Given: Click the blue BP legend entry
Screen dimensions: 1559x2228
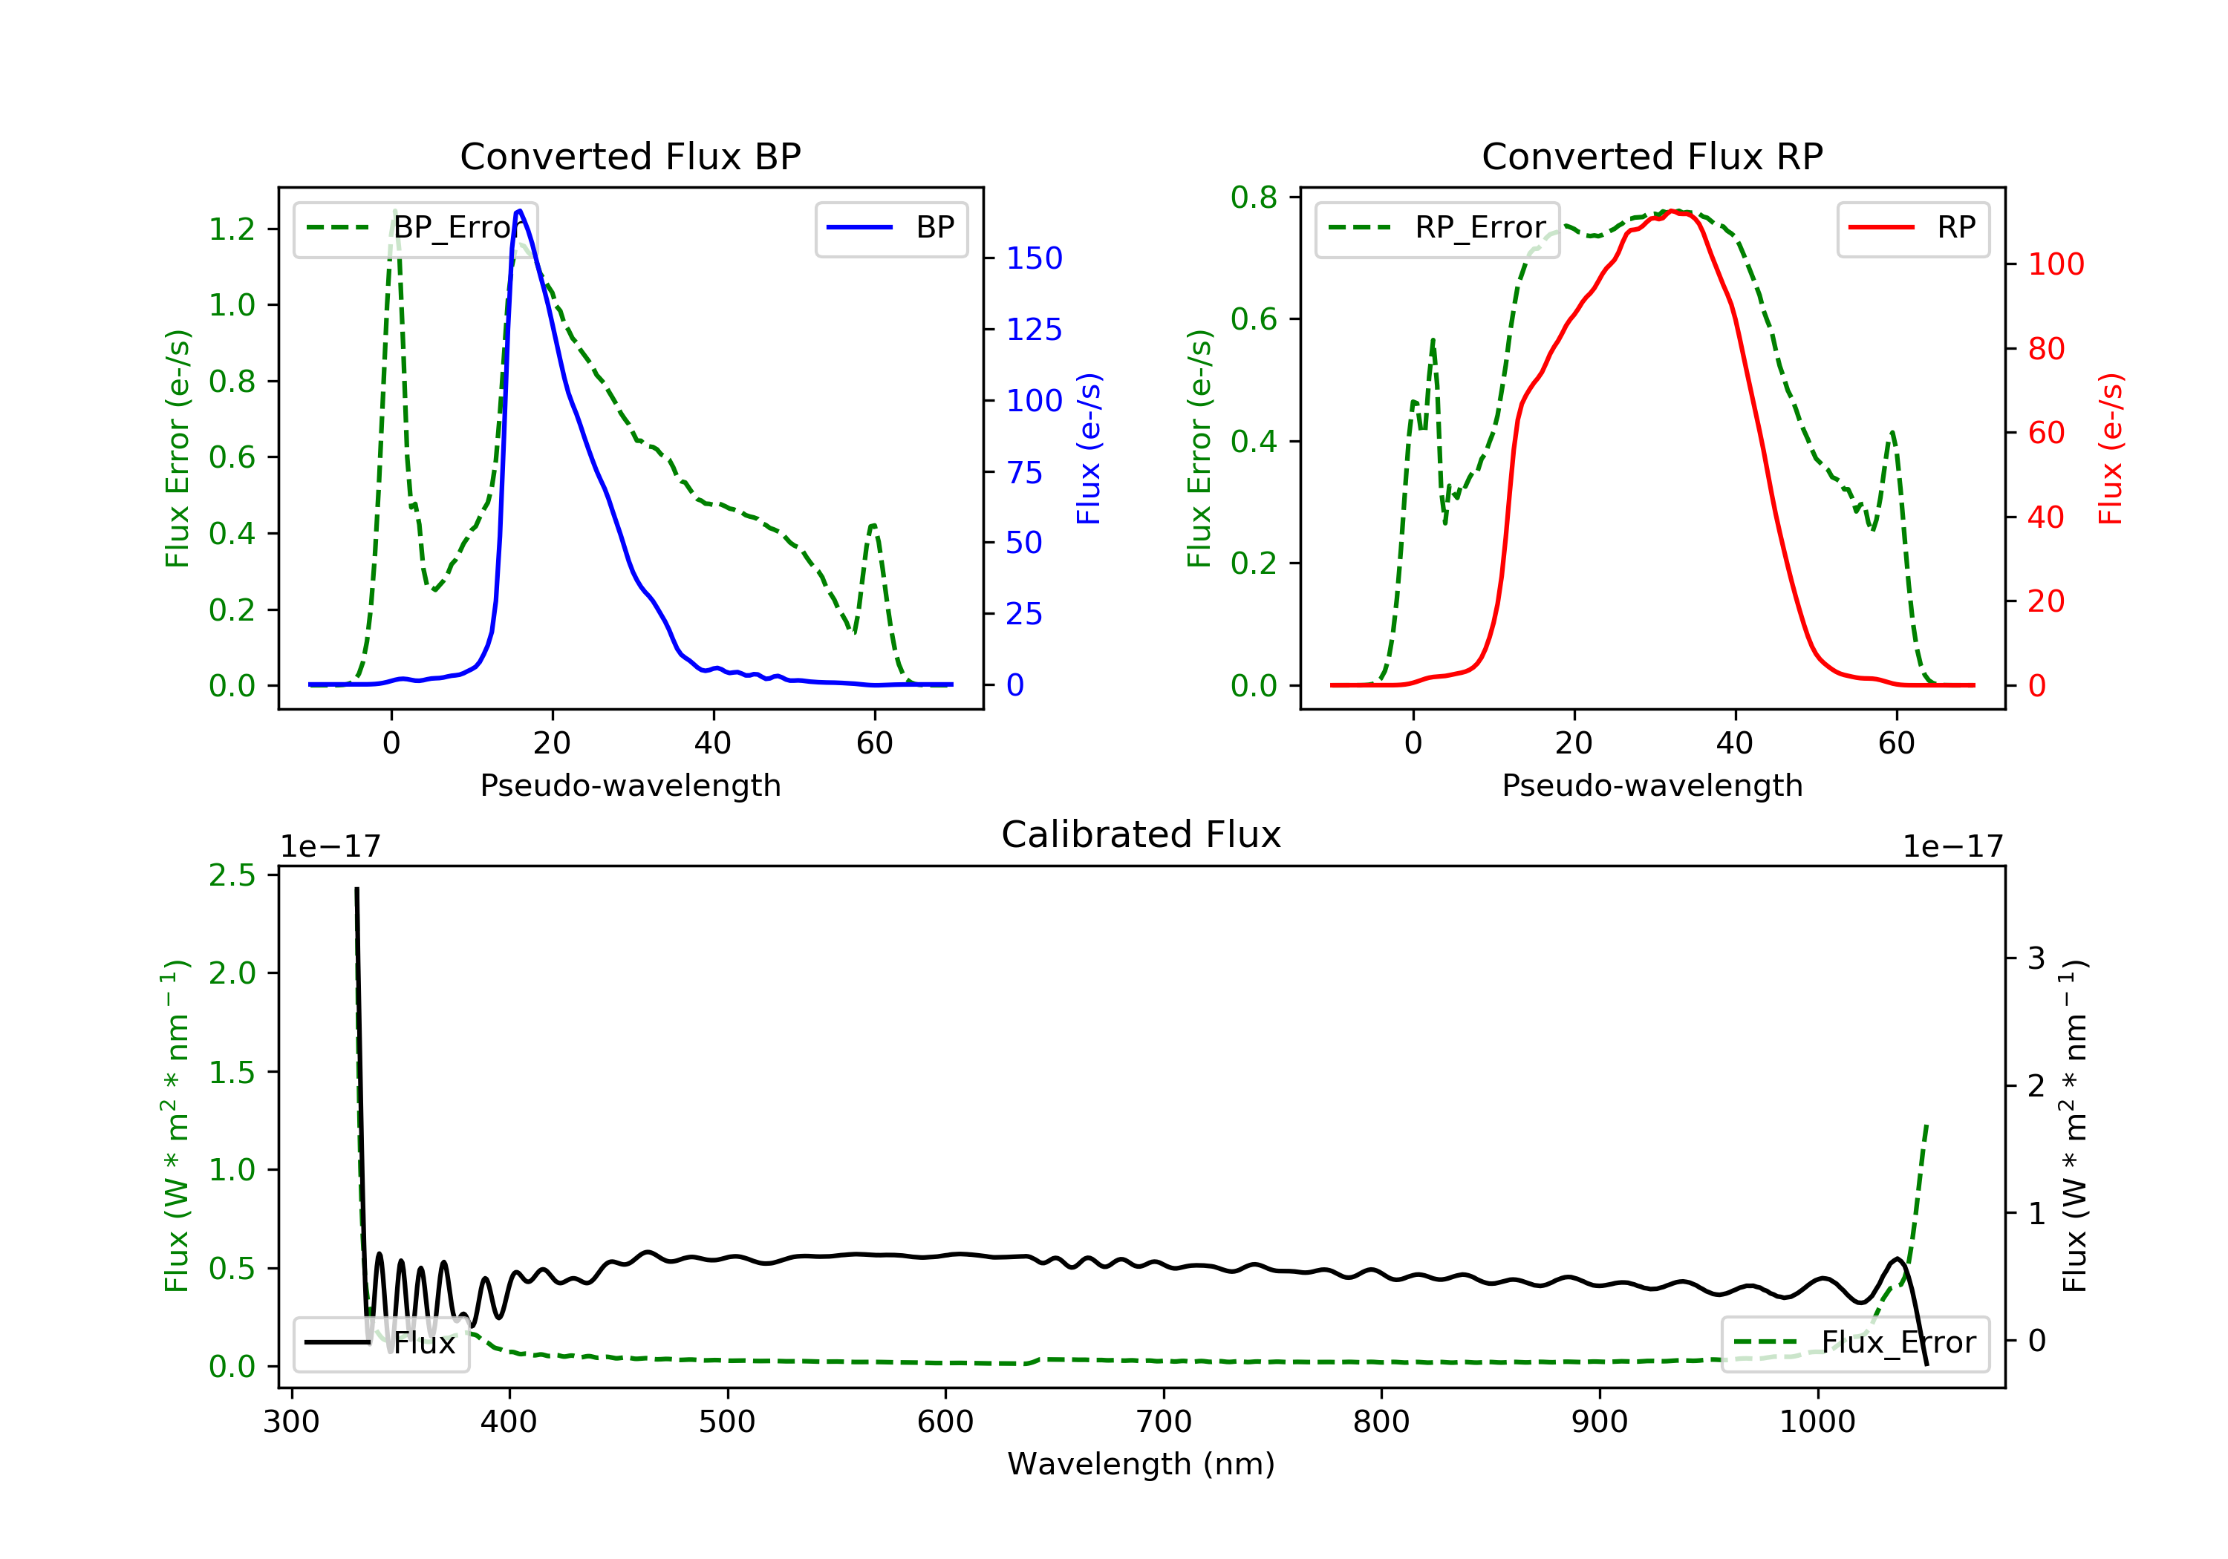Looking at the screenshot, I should [890, 228].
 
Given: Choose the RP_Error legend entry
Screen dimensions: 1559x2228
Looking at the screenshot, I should [1437, 228].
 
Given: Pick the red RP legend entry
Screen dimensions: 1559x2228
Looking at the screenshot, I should [1912, 228].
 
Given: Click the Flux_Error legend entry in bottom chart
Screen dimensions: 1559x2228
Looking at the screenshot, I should [1854, 1343].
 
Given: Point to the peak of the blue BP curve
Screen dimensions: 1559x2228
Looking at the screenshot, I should [519, 211].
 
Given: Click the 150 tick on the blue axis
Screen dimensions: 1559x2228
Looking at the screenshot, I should [1034, 258].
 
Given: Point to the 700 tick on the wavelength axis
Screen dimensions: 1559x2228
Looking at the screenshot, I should [1164, 1422].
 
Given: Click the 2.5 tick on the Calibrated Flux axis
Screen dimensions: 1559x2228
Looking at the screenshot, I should [232, 875].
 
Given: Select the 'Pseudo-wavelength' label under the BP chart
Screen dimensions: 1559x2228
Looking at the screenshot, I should [630, 785].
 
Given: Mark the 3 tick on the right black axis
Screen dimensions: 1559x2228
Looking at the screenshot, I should [2036, 958].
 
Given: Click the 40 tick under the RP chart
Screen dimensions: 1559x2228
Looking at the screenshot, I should [1735, 743].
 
